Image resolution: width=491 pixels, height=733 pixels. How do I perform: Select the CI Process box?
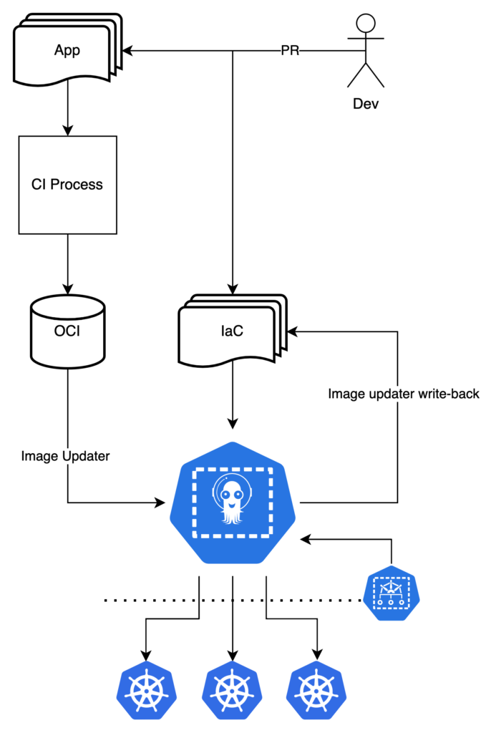point(67,185)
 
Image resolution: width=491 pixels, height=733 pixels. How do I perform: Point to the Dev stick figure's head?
point(366,23)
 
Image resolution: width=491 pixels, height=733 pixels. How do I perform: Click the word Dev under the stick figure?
point(366,104)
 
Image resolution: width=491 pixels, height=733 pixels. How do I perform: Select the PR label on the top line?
point(290,51)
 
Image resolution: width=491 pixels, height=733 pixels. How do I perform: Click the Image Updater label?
point(65,456)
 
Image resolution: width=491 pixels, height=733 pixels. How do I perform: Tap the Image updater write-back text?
point(404,394)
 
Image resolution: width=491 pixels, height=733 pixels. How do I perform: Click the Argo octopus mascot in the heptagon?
point(232,501)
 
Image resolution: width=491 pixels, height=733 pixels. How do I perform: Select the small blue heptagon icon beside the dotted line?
point(391,593)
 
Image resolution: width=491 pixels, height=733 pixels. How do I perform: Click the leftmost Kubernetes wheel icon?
point(147,691)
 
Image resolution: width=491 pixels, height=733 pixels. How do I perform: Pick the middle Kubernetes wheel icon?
point(232,691)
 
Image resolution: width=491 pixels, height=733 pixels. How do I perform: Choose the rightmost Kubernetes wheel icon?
point(316,691)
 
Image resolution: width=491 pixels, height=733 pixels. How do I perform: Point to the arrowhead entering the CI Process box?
point(67,131)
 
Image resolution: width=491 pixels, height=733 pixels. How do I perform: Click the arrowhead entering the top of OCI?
point(67,290)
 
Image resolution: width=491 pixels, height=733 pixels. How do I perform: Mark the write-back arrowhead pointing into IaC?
point(292,331)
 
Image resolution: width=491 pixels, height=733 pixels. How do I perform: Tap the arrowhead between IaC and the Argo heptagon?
point(232,422)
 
